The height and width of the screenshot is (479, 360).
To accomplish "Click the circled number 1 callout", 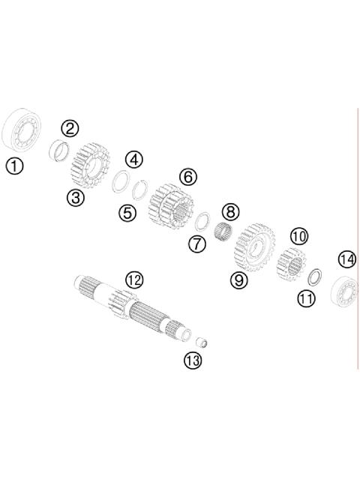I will (x=15, y=166).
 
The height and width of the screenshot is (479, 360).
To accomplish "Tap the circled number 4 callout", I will (x=133, y=159).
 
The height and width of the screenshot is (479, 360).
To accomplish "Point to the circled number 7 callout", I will (x=196, y=244).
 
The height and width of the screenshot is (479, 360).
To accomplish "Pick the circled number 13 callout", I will (x=193, y=361).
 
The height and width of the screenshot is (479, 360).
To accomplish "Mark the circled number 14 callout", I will (x=346, y=259).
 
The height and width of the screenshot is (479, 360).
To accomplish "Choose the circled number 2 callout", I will (x=70, y=128).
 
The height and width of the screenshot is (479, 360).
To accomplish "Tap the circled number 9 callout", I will (x=238, y=281).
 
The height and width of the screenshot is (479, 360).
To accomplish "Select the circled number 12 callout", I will (x=133, y=280).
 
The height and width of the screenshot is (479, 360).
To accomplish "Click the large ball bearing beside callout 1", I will (x=25, y=130).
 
